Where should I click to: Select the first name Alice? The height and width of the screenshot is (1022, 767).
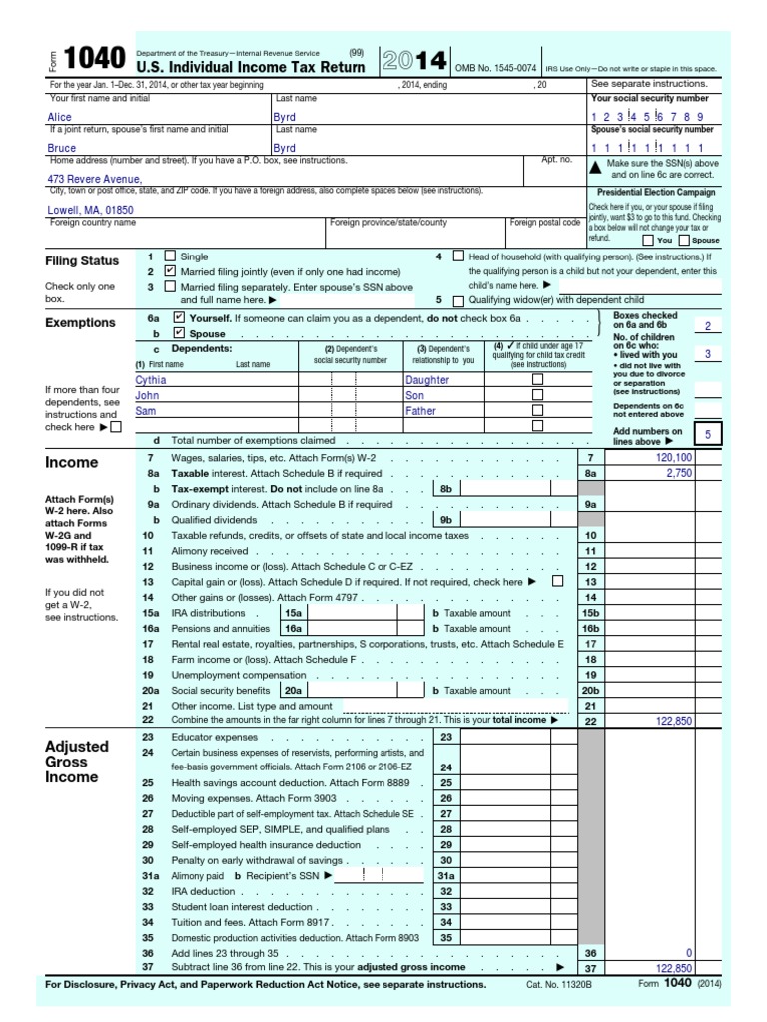(x=60, y=117)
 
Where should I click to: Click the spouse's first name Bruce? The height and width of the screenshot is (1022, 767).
(x=62, y=148)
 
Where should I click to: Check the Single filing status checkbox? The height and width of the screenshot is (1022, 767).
(x=169, y=256)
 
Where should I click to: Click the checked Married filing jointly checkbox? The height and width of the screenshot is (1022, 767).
(x=169, y=271)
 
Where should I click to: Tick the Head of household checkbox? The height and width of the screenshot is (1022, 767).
(x=458, y=256)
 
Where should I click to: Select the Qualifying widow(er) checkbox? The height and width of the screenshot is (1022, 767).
(x=458, y=300)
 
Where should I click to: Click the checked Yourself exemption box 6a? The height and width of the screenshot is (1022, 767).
(x=179, y=317)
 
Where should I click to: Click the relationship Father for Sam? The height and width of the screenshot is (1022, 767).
(x=420, y=410)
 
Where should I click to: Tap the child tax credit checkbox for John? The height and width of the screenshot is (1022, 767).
(x=538, y=395)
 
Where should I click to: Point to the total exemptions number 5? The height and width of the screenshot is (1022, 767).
(x=708, y=435)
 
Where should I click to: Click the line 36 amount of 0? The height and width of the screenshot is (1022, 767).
(x=689, y=953)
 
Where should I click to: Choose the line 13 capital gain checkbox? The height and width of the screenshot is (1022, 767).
(x=557, y=581)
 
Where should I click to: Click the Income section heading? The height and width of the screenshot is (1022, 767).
(x=72, y=463)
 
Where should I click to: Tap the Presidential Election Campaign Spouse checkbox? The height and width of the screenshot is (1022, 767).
(x=683, y=240)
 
